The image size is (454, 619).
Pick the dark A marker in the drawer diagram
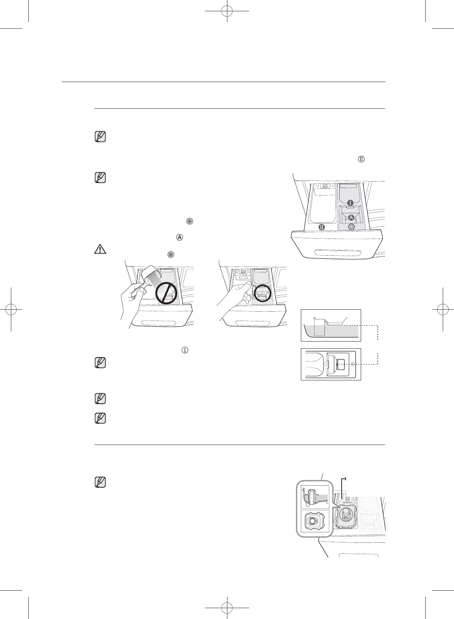[351, 217]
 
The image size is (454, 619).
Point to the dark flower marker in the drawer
[351, 227]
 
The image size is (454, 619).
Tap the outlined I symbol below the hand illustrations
[185, 350]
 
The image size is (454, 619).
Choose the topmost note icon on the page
[100, 137]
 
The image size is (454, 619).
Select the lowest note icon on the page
[100, 482]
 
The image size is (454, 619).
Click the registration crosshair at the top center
[227, 12]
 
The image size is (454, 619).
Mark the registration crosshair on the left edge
[12, 309]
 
